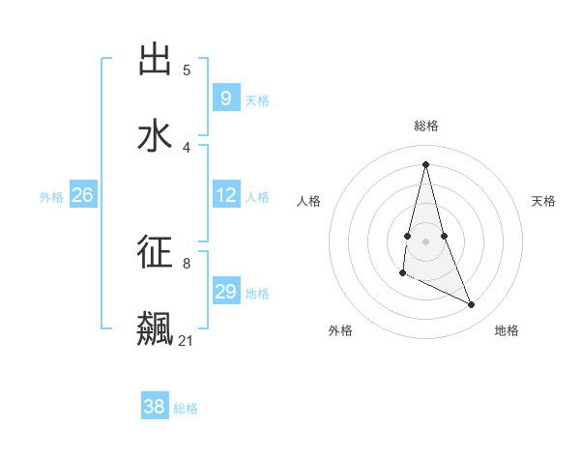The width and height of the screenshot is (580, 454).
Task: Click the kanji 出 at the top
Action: pos(155,60)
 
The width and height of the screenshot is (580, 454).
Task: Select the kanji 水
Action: pos(155,136)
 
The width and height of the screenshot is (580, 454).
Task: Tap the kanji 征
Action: pos(155,252)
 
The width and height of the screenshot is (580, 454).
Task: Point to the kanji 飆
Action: pos(155,328)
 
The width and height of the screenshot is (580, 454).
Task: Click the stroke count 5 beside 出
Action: pos(187,71)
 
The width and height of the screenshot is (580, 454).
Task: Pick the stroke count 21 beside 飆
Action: pos(187,341)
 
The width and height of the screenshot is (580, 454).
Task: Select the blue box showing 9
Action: pos(225,99)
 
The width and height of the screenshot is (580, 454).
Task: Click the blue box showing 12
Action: pos(225,195)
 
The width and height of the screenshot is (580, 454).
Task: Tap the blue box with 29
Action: pos(225,292)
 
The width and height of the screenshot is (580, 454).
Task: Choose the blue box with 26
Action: pos(82,195)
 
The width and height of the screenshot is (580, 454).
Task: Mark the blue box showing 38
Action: pos(154,407)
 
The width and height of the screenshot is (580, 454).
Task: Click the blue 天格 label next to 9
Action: pos(257,100)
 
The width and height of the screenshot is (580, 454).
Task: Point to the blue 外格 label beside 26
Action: pos(51,197)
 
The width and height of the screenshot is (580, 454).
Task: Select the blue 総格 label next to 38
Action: pos(186,409)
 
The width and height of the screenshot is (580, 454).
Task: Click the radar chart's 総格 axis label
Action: pos(425,126)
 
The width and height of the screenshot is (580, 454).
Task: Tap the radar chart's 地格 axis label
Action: pos(507,330)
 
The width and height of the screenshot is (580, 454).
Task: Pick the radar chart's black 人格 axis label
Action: pos(309,201)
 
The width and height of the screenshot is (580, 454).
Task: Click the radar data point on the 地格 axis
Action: pos(472,305)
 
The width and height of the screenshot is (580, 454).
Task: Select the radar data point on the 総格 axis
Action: pos(425,164)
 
